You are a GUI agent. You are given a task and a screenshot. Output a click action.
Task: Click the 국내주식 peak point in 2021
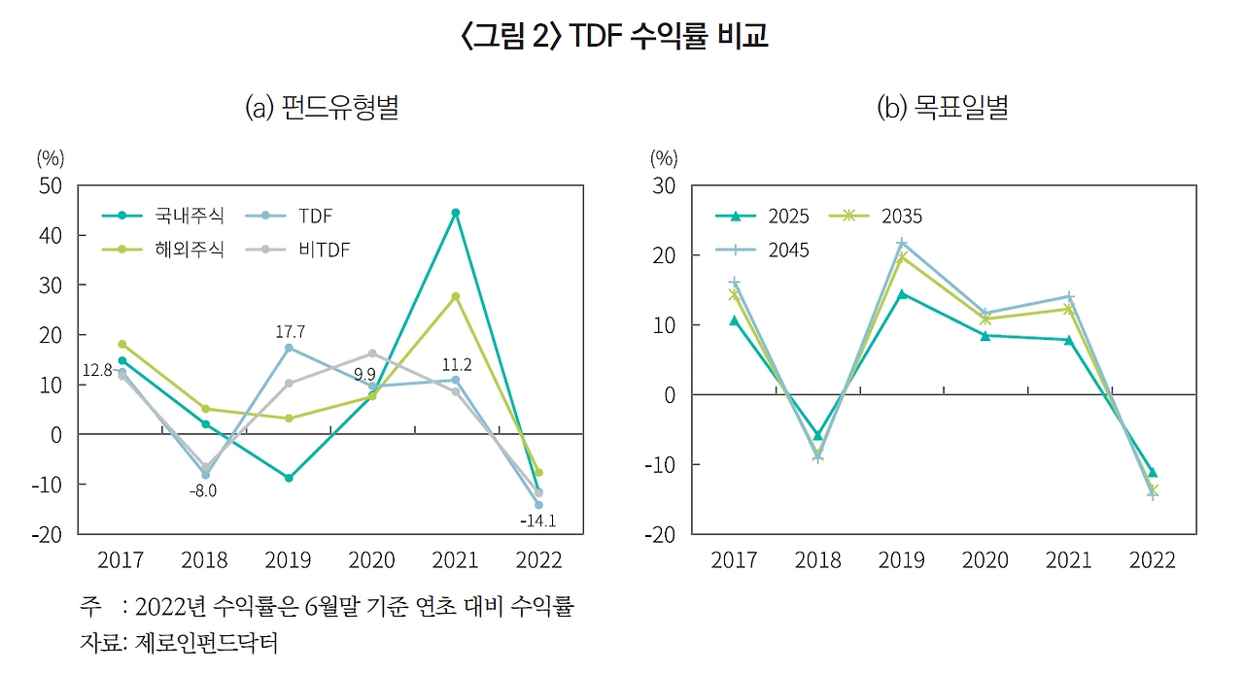[x=456, y=213]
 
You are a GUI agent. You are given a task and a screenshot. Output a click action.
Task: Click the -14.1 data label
[x=537, y=522]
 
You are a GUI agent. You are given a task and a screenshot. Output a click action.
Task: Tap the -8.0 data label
[x=203, y=490]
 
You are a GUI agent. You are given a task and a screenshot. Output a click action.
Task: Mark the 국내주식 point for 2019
[x=289, y=478]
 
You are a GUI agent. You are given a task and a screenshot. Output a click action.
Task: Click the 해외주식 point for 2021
[x=456, y=296]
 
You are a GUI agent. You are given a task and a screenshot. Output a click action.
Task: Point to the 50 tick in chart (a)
[x=50, y=185]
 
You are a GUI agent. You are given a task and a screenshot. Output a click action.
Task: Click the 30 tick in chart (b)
[x=663, y=185]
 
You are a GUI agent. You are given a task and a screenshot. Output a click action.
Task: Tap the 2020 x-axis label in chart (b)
[x=985, y=560]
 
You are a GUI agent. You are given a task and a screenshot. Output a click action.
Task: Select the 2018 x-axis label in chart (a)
[x=204, y=560]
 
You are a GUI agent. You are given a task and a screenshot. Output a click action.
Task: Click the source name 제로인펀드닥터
[x=203, y=642]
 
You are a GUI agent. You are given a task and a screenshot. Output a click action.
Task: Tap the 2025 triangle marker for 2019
[x=902, y=293]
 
